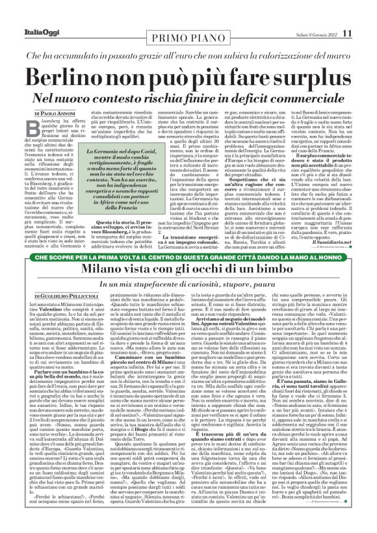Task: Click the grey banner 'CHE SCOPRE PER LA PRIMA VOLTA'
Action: coord(188,255)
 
